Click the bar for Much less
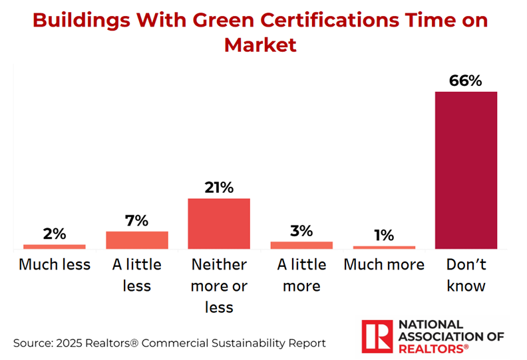pos(55,246)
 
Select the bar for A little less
pos(137,240)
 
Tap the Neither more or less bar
pos(219,224)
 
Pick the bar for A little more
pos(301,245)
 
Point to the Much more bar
pos(384,247)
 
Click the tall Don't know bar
pos(466,170)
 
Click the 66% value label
pos(466,81)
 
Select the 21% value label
pos(219,188)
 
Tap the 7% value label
pos(137,220)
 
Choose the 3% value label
pos(301,231)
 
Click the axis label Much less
pos(55,264)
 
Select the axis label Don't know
pos(466,275)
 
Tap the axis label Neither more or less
pos(219,285)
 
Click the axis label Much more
pos(384,264)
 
